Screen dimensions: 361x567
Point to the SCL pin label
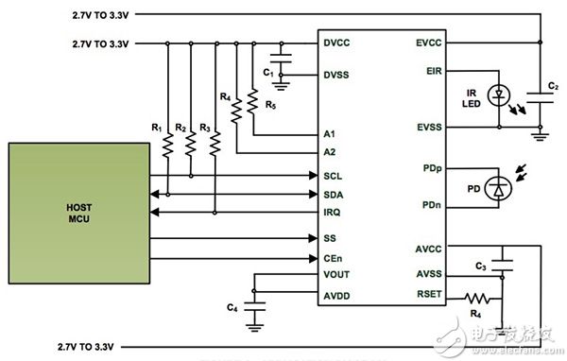333,176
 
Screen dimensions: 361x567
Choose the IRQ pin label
333,214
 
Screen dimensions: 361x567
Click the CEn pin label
333,257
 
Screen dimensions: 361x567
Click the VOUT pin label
336,275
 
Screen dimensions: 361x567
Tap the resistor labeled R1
167,145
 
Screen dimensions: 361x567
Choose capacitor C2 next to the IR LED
540,94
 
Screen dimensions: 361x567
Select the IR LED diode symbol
497,94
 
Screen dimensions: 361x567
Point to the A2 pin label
331,151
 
